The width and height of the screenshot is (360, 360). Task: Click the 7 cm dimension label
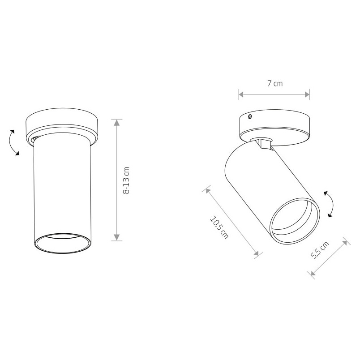275,83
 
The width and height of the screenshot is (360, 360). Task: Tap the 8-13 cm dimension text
126,180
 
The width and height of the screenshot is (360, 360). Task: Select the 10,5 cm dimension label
219,227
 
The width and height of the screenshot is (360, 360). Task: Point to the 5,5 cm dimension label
320,250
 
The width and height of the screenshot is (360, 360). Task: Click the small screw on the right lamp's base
249,117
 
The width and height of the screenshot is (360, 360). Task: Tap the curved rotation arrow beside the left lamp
13,142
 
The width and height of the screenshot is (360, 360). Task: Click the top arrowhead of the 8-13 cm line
117,122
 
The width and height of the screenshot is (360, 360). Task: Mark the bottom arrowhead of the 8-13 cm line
117,237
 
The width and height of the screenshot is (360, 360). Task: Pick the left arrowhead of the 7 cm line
241,94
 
